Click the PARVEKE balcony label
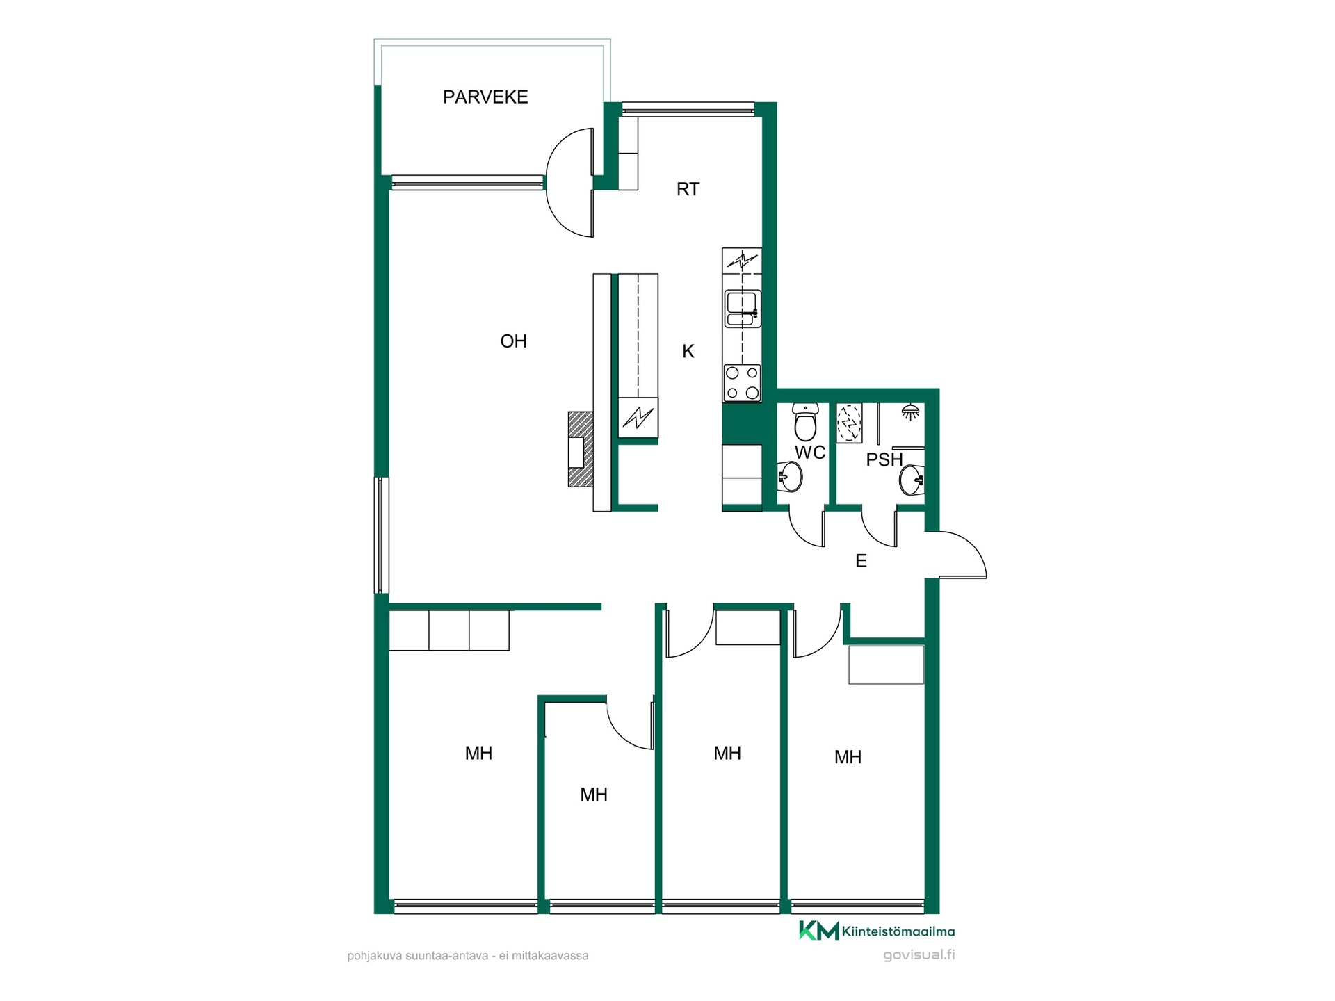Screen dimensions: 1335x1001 [x=485, y=97]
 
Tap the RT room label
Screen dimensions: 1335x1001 [x=688, y=189]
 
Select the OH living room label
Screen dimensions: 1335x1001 [x=513, y=341]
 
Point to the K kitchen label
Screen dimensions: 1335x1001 [x=688, y=352]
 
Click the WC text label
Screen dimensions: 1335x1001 [x=810, y=453]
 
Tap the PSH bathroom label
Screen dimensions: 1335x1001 [x=884, y=459]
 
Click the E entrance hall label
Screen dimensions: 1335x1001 [x=861, y=561]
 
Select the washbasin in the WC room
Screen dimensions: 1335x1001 [x=791, y=476]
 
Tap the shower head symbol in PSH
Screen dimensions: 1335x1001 [x=910, y=412]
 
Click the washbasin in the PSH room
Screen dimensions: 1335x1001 [x=912, y=480]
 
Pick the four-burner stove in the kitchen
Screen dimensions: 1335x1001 [x=742, y=383]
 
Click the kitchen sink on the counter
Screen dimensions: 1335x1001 [x=743, y=309]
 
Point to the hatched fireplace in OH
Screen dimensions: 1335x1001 [x=581, y=449]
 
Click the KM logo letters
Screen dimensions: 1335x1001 [x=818, y=931]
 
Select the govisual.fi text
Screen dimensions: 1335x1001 [x=919, y=955]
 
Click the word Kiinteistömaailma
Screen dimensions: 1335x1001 [x=898, y=931]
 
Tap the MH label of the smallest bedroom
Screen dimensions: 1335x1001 [x=594, y=795]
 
